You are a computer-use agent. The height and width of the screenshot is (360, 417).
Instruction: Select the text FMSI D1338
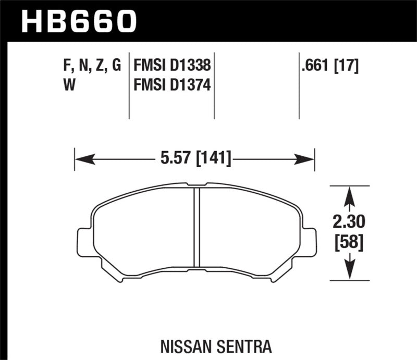coord(172,66)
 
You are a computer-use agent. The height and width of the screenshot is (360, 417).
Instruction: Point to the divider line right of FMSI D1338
coord(214,86)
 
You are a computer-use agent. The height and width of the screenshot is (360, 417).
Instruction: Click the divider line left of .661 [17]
coord(299,86)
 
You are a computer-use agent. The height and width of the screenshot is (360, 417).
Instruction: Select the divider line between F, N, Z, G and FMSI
coord(129,86)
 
